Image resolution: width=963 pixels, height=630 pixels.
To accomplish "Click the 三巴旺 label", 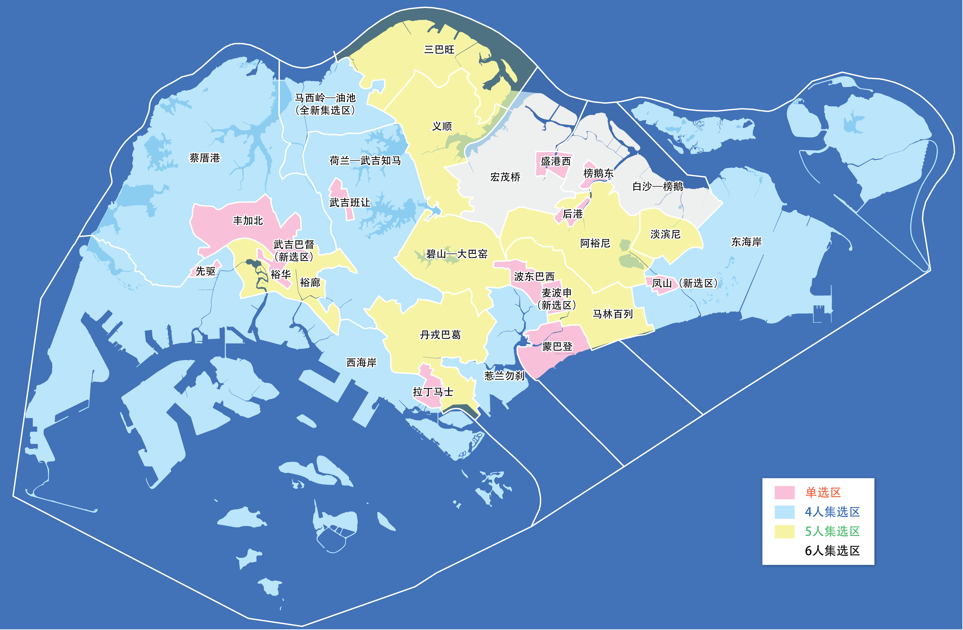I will [x=439, y=49].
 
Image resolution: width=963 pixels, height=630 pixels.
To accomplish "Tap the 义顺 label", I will [x=442, y=126].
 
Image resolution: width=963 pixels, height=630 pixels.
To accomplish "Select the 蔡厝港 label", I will [x=205, y=157].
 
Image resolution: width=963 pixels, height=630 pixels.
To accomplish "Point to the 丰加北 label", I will [x=248, y=220].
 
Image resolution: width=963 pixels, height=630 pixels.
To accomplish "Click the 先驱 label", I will [x=206, y=271].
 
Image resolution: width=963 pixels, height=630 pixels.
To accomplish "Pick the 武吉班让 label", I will [x=350, y=202].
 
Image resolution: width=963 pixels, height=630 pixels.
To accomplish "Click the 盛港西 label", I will [x=555, y=161].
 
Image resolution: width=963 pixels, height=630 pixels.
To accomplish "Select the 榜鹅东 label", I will [x=598, y=173].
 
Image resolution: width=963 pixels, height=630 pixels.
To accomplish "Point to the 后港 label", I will [x=572, y=214].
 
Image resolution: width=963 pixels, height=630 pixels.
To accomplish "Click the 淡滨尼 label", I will [x=665, y=234].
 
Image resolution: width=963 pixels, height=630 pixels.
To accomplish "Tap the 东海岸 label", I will [x=746, y=242].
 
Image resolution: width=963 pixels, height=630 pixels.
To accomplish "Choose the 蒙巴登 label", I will [x=557, y=347].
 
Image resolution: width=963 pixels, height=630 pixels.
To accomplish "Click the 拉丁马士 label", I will [x=433, y=392].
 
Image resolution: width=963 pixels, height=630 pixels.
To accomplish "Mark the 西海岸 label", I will [x=361, y=362].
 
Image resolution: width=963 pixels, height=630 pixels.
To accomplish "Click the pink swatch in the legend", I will [x=784, y=492].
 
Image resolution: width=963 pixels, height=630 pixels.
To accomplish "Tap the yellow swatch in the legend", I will [x=784, y=531].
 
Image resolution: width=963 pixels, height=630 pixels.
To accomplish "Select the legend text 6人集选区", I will [x=832, y=551].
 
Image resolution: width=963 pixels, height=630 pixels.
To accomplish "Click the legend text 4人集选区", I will [x=832, y=512].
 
